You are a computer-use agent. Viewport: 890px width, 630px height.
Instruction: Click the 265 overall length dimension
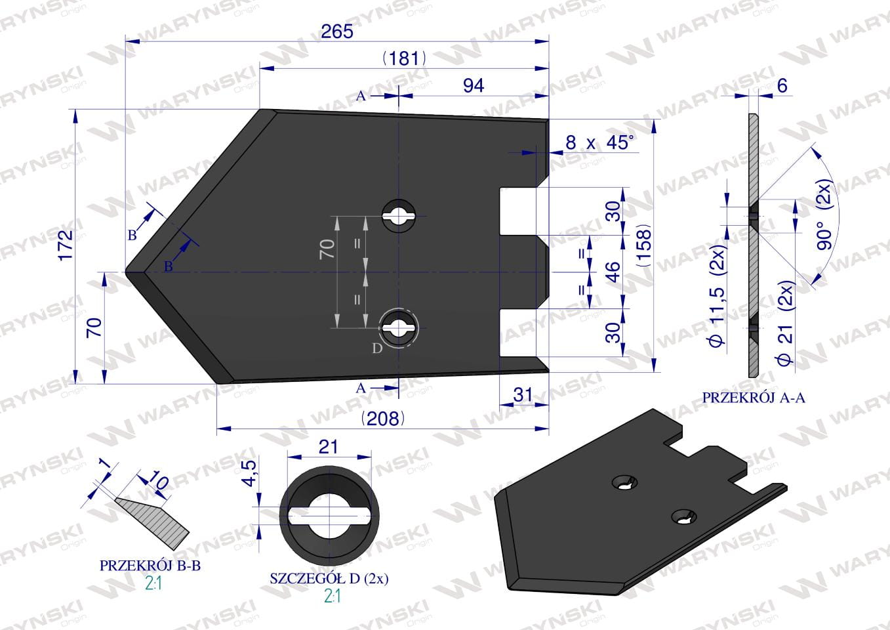click(337, 31)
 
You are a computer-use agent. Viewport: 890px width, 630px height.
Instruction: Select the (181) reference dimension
click(404, 59)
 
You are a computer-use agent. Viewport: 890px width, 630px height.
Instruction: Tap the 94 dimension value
click(474, 86)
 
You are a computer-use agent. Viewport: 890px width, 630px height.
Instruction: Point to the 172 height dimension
click(66, 245)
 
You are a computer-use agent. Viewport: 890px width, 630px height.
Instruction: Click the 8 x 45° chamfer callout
click(600, 142)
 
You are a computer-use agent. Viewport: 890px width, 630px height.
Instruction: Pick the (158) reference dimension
click(644, 245)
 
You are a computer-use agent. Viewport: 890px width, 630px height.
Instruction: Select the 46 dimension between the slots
click(614, 272)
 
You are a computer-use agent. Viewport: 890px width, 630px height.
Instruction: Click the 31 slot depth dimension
click(523, 394)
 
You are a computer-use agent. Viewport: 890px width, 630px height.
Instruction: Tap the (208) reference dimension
click(383, 419)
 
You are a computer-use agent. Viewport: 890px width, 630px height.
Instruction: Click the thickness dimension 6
click(782, 86)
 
